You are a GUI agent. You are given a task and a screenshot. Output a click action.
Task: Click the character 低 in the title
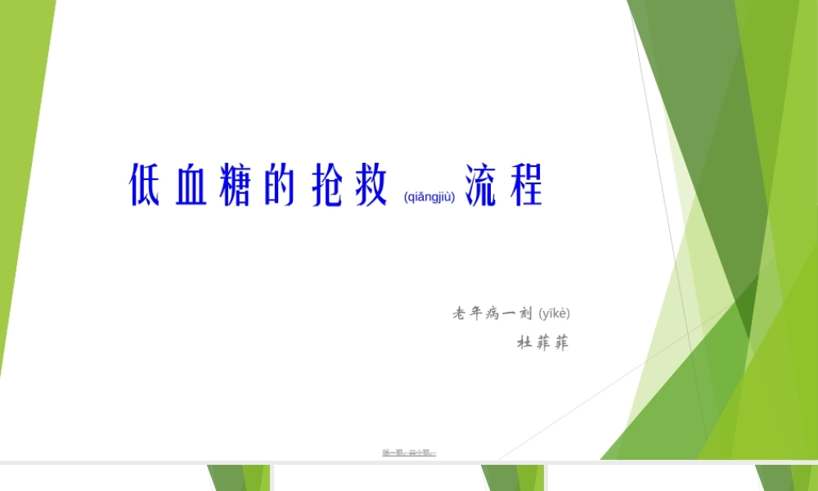click(145, 186)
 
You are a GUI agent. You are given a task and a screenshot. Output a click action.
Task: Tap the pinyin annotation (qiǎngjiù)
click(429, 196)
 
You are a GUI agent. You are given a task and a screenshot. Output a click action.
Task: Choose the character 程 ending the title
click(526, 186)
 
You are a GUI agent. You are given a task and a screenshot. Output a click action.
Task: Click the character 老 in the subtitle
click(460, 313)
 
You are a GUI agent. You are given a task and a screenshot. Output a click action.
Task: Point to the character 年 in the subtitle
click(478, 313)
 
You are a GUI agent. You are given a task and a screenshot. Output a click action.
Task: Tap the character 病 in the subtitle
click(494, 313)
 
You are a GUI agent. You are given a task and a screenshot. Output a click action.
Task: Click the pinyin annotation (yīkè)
click(554, 313)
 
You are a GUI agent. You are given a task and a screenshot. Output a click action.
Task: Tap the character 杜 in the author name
click(524, 343)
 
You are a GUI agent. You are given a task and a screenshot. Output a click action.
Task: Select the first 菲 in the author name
click(542, 343)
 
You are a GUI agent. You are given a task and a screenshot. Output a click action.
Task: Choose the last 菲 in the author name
click(560, 343)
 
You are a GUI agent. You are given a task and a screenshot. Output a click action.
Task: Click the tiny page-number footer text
click(409, 452)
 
